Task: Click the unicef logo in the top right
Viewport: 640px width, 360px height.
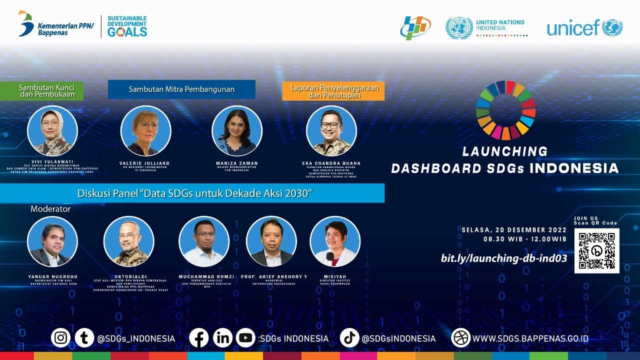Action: [584, 28]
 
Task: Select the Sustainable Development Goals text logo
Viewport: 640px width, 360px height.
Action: [127, 26]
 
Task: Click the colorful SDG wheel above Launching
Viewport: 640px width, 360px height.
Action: [505, 110]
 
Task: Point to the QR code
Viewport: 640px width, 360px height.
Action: [596, 250]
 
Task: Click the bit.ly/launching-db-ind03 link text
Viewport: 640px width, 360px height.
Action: [503, 258]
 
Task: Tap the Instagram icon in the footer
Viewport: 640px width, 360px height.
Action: [60, 338]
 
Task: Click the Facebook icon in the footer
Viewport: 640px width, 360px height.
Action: [198, 338]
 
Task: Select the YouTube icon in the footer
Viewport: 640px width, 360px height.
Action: [245, 338]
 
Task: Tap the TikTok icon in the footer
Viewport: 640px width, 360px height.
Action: [349, 338]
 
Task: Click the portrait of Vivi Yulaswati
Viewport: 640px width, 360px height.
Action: [52, 131]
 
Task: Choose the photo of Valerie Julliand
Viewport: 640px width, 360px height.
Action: [145, 131]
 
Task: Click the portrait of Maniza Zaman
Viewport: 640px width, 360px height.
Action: [237, 131]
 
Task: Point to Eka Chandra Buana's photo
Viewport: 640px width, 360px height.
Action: [331, 131]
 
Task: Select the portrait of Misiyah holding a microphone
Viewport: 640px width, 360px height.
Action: [334, 241]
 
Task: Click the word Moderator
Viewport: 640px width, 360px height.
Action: [50, 209]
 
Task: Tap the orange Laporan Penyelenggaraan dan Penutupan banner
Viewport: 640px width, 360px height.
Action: [333, 91]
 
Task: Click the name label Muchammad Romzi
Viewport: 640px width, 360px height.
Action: [206, 276]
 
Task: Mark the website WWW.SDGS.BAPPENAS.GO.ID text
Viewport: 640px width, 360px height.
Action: [530, 338]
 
